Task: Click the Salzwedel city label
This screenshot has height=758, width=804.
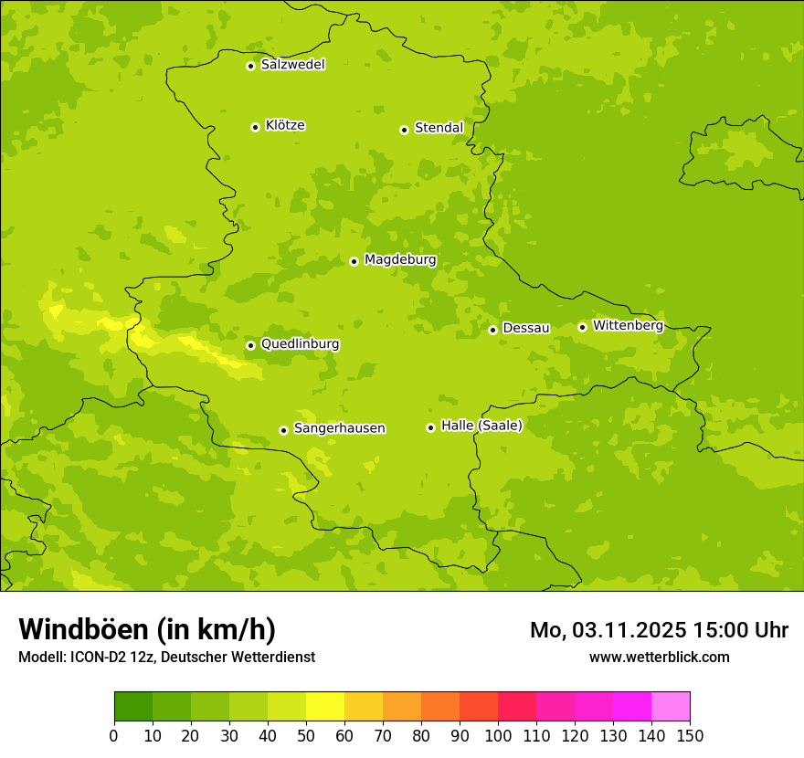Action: [292, 65]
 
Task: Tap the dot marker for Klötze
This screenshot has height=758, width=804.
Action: [255, 127]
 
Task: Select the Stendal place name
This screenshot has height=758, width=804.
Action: [439, 128]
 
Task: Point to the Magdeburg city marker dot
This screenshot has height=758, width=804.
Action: [354, 261]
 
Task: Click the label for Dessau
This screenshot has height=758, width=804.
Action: [525, 328]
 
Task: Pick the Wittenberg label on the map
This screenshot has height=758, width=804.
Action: [627, 325]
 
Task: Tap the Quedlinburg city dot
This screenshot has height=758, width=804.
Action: [250, 345]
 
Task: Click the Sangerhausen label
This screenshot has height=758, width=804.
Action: [339, 428]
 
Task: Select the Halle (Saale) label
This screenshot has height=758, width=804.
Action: [481, 426]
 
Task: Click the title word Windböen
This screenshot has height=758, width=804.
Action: [83, 629]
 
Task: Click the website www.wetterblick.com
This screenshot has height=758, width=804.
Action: [659, 657]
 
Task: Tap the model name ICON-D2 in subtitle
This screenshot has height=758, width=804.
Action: [97, 657]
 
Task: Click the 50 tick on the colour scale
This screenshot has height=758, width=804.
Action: [306, 735]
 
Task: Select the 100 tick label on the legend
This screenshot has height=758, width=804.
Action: [498, 735]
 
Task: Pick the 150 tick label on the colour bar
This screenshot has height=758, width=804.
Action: [690, 735]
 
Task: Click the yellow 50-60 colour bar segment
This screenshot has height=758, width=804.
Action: [325, 707]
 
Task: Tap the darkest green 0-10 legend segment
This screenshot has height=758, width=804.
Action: [133, 707]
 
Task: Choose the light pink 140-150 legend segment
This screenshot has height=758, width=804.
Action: [671, 707]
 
